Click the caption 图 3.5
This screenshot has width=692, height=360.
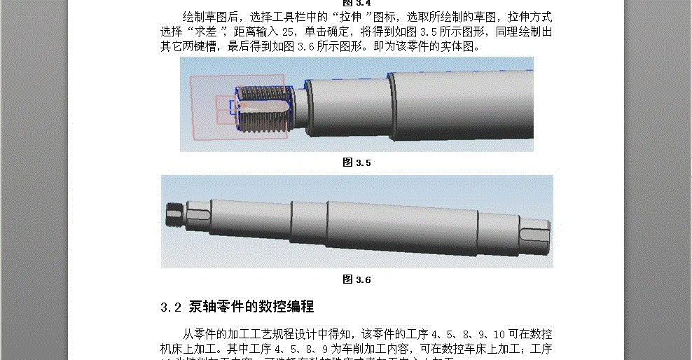(357, 162)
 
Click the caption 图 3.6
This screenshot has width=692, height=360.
(357, 279)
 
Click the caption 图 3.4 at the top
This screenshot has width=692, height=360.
(357, 3)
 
